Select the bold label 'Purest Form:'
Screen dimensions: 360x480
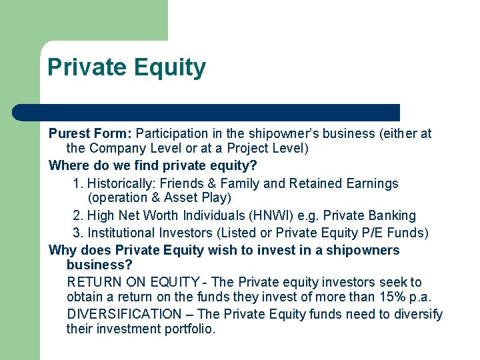coord(90,133)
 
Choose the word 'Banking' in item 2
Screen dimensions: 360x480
coord(392,216)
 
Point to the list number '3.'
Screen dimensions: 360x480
coord(78,233)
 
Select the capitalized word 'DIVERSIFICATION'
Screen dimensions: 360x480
coord(124,314)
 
